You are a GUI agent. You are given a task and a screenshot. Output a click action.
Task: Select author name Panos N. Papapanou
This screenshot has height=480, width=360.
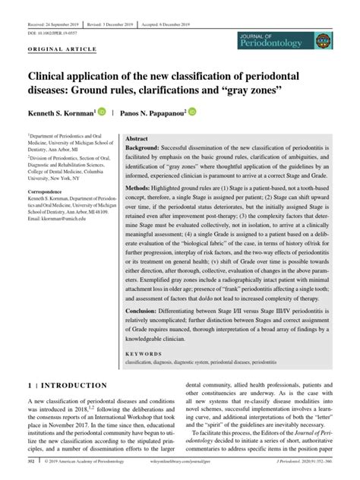click(149, 112)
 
